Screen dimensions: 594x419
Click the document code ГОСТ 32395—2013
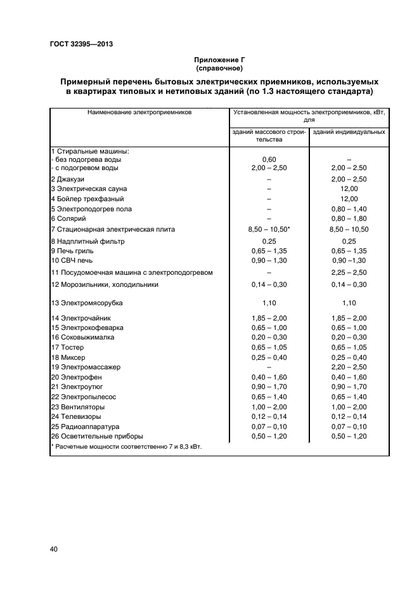click(81, 44)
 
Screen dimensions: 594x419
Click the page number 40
click(54, 550)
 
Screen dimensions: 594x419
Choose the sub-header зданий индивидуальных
click(349, 132)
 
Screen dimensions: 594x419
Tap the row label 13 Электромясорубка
click(86, 303)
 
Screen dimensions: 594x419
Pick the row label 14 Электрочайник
click(82, 317)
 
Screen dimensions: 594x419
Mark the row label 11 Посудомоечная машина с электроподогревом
click(131, 272)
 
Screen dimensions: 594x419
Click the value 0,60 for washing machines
click(269, 159)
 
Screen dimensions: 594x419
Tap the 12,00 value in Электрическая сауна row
click(349, 188)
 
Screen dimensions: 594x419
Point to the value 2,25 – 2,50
click(349, 272)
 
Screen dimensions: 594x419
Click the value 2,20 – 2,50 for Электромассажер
click(349, 367)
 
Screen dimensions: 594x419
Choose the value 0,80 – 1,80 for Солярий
click(349, 218)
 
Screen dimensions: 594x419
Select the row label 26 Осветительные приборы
click(97, 436)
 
